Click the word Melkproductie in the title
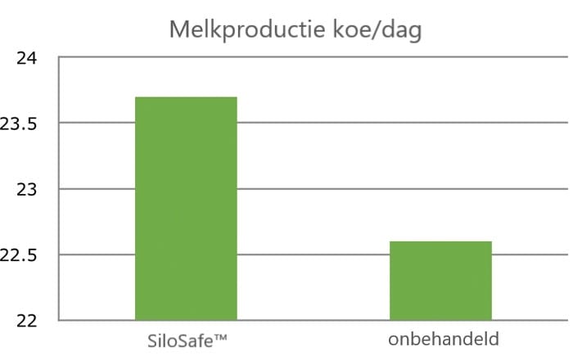pos(247,29)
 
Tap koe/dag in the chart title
pos(377,29)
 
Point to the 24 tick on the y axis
pos(27,58)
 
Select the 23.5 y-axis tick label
pos(18,124)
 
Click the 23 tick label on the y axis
pos(27,190)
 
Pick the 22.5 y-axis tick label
pos(18,255)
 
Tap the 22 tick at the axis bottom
pos(27,321)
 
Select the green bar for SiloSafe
pos(186,209)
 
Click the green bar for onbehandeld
pos(440,281)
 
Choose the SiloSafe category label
pos(187,341)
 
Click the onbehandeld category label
pos(444,340)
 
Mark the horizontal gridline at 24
pos(314,57)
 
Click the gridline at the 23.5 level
pos(403,123)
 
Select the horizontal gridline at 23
pos(403,189)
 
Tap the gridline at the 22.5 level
pos(314,254)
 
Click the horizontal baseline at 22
pos(314,321)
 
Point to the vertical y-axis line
pos(59,189)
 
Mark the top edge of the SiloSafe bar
pos(186,97)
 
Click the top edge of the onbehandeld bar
pos(440,241)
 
